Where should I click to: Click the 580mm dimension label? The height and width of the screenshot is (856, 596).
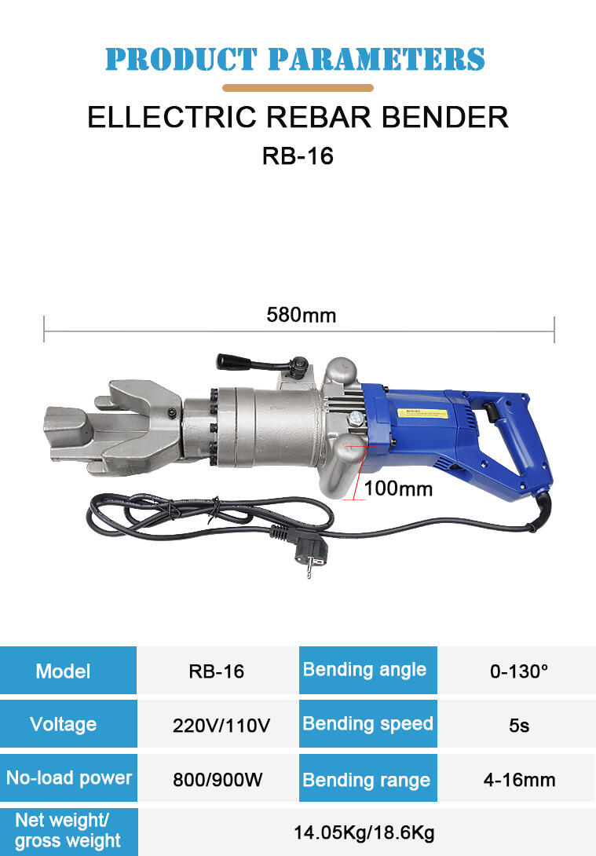[302, 315]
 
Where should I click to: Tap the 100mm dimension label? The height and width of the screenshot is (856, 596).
[398, 488]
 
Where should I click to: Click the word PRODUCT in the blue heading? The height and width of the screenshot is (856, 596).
[181, 59]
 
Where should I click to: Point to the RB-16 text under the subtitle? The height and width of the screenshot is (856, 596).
[298, 155]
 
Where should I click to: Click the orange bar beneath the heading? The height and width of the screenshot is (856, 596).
[298, 88]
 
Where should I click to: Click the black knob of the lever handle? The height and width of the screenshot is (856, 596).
[233, 361]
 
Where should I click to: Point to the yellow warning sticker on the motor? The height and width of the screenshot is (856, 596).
[422, 414]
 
